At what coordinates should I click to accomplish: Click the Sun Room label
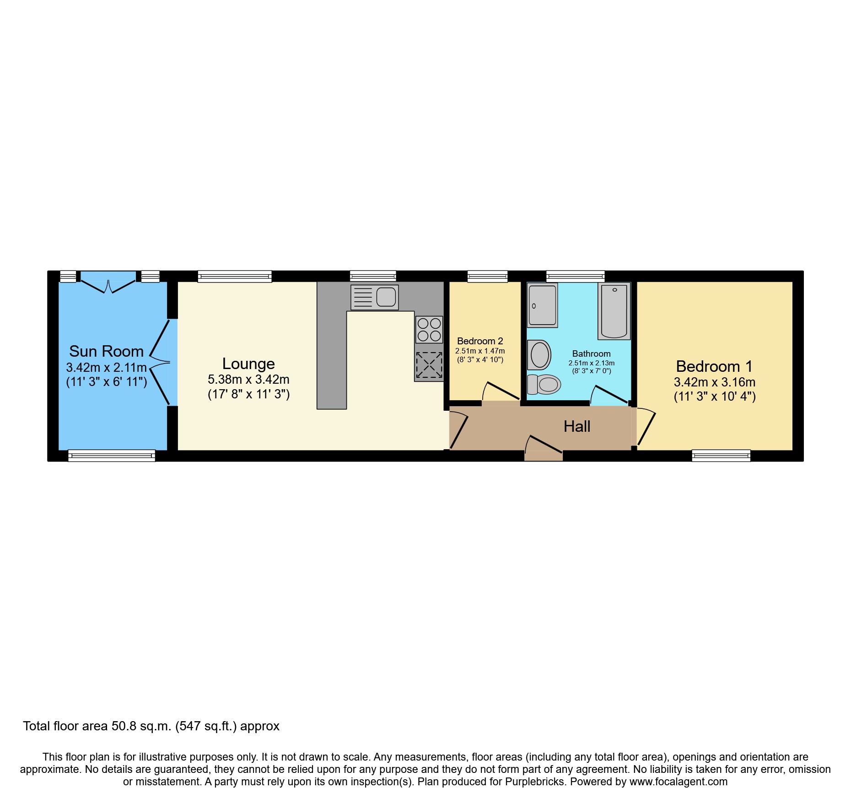point(106,352)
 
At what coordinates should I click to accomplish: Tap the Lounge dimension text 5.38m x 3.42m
point(248,380)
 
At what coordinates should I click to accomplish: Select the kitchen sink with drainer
point(374,297)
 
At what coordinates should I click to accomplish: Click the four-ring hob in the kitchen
point(429,330)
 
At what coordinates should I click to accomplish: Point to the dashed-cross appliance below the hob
point(429,365)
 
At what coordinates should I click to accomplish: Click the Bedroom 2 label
point(480,341)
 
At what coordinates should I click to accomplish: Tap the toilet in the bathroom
point(544,385)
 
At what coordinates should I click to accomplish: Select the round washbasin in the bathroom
point(539,355)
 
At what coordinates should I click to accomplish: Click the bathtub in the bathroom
point(614,311)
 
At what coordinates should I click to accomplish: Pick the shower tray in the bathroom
point(542,305)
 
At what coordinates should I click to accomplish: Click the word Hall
point(576,427)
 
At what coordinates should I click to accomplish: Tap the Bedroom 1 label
point(714,367)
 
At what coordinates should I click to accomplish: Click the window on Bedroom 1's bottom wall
point(721,456)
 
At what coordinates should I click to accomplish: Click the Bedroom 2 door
point(501,393)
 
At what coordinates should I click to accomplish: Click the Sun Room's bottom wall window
point(111,456)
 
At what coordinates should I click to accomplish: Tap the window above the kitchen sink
point(373,276)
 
